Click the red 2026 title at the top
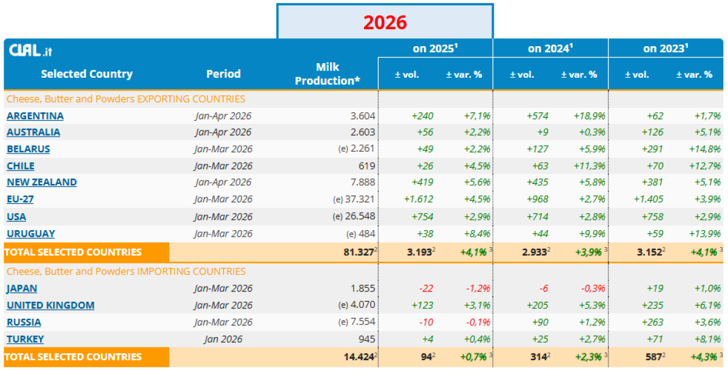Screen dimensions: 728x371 coord(385,22)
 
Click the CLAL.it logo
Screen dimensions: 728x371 coord(30,50)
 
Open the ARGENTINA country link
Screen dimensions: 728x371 coord(35,116)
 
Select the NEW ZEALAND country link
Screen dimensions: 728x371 coord(42,182)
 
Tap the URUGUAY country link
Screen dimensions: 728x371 coord(31,234)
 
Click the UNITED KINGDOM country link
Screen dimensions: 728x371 coord(51,305)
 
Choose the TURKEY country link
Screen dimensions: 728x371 coord(25,339)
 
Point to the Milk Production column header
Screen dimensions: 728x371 coord(327,74)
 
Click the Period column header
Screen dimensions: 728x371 coord(224,74)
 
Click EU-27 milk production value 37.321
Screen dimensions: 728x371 coord(360,199)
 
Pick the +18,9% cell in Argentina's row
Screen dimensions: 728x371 coord(589,116)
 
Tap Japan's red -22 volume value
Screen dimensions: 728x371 coord(426,288)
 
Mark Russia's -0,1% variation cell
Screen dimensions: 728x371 coord(478,322)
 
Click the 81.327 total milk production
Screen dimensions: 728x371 coord(359,253)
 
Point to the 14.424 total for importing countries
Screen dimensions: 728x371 coord(359,357)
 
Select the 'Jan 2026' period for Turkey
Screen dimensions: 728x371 coord(223,339)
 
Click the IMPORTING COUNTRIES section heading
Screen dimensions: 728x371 coord(126,271)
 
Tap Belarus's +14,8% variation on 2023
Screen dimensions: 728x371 coord(704,149)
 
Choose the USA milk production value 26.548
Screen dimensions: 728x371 coord(360,217)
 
